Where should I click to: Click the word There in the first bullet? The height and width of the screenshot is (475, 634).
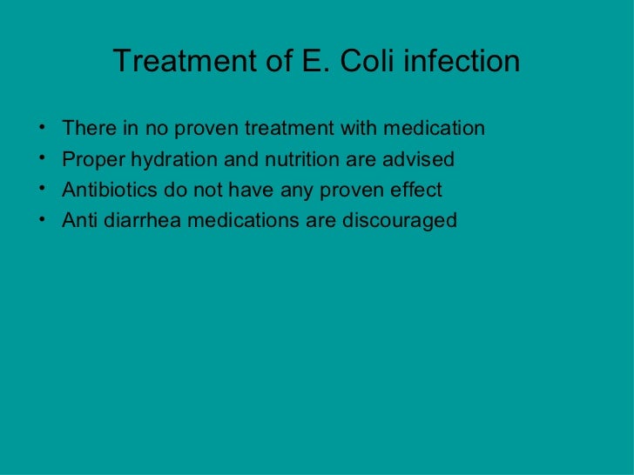tap(86, 130)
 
